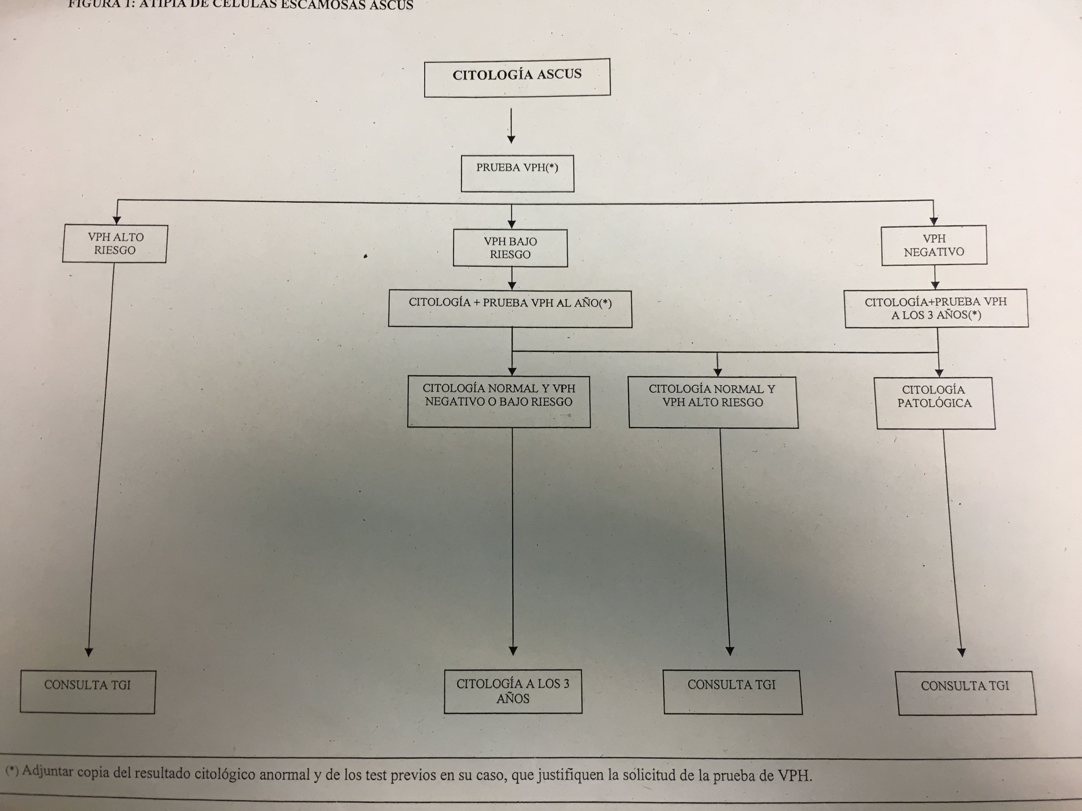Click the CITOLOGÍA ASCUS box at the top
tap(517, 77)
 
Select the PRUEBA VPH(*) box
tap(517, 173)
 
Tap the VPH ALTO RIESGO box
tap(115, 244)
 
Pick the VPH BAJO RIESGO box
tap(510, 248)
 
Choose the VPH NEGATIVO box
tap(934, 245)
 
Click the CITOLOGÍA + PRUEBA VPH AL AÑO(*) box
tap(510, 308)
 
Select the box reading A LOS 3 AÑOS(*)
tap(936, 308)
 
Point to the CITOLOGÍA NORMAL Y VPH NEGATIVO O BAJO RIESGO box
tap(499, 401)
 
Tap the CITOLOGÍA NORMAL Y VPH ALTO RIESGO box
tap(713, 402)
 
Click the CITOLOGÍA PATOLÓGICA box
tap(935, 403)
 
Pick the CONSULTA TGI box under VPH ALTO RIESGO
tap(87, 691)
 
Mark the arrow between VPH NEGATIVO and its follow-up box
tap(935, 278)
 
